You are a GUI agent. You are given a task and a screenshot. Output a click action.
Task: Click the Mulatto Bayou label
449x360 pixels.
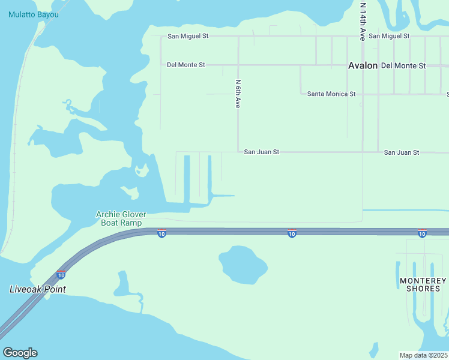pyautogui.click(x=34, y=14)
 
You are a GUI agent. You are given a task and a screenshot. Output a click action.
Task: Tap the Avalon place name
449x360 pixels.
pyautogui.click(x=363, y=66)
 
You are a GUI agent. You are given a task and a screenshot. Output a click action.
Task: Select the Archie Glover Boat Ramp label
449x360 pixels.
pyautogui.click(x=122, y=218)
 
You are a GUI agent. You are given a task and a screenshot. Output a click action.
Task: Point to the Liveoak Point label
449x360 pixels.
pyautogui.click(x=37, y=289)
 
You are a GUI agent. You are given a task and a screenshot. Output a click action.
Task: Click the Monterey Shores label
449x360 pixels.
pyautogui.click(x=423, y=284)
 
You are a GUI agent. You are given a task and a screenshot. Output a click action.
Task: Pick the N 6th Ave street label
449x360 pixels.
pyautogui.click(x=238, y=94)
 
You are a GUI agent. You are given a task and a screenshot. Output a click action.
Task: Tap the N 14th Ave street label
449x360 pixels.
pyautogui.click(x=363, y=21)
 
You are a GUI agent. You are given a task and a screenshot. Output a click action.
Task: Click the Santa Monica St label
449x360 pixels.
pyautogui.click(x=331, y=94)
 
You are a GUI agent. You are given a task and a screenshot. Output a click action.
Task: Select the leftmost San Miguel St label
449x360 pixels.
pyautogui.click(x=188, y=36)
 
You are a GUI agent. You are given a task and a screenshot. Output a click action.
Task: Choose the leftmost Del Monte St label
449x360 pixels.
pyautogui.click(x=186, y=65)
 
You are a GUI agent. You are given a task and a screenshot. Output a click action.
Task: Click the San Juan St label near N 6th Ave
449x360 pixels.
pyautogui.click(x=262, y=152)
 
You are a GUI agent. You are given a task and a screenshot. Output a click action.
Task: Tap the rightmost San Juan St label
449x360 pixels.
pyautogui.click(x=402, y=153)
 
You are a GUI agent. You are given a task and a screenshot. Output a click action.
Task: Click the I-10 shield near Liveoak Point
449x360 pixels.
pyautogui.click(x=61, y=275)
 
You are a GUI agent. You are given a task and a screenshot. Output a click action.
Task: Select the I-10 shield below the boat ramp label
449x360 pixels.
pyautogui.click(x=161, y=233)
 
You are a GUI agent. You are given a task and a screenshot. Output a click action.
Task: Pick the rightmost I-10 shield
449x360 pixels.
pyautogui.click(x=422, y=233)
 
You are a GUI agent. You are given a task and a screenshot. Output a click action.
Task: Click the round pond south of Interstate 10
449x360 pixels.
pyautogui.click(x=243, y=265)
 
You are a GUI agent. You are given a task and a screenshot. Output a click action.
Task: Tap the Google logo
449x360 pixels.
pyautogui.click(x=20, y=353)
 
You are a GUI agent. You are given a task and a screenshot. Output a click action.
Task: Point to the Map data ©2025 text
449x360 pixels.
pyautogui.click(x=424, y=355)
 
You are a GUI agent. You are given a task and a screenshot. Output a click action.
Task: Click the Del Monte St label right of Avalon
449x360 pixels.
pyautogui.click(x=403, y=65)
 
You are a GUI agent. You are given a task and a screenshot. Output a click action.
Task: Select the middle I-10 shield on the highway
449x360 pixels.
pyautogui.click(x=292, y=233)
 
